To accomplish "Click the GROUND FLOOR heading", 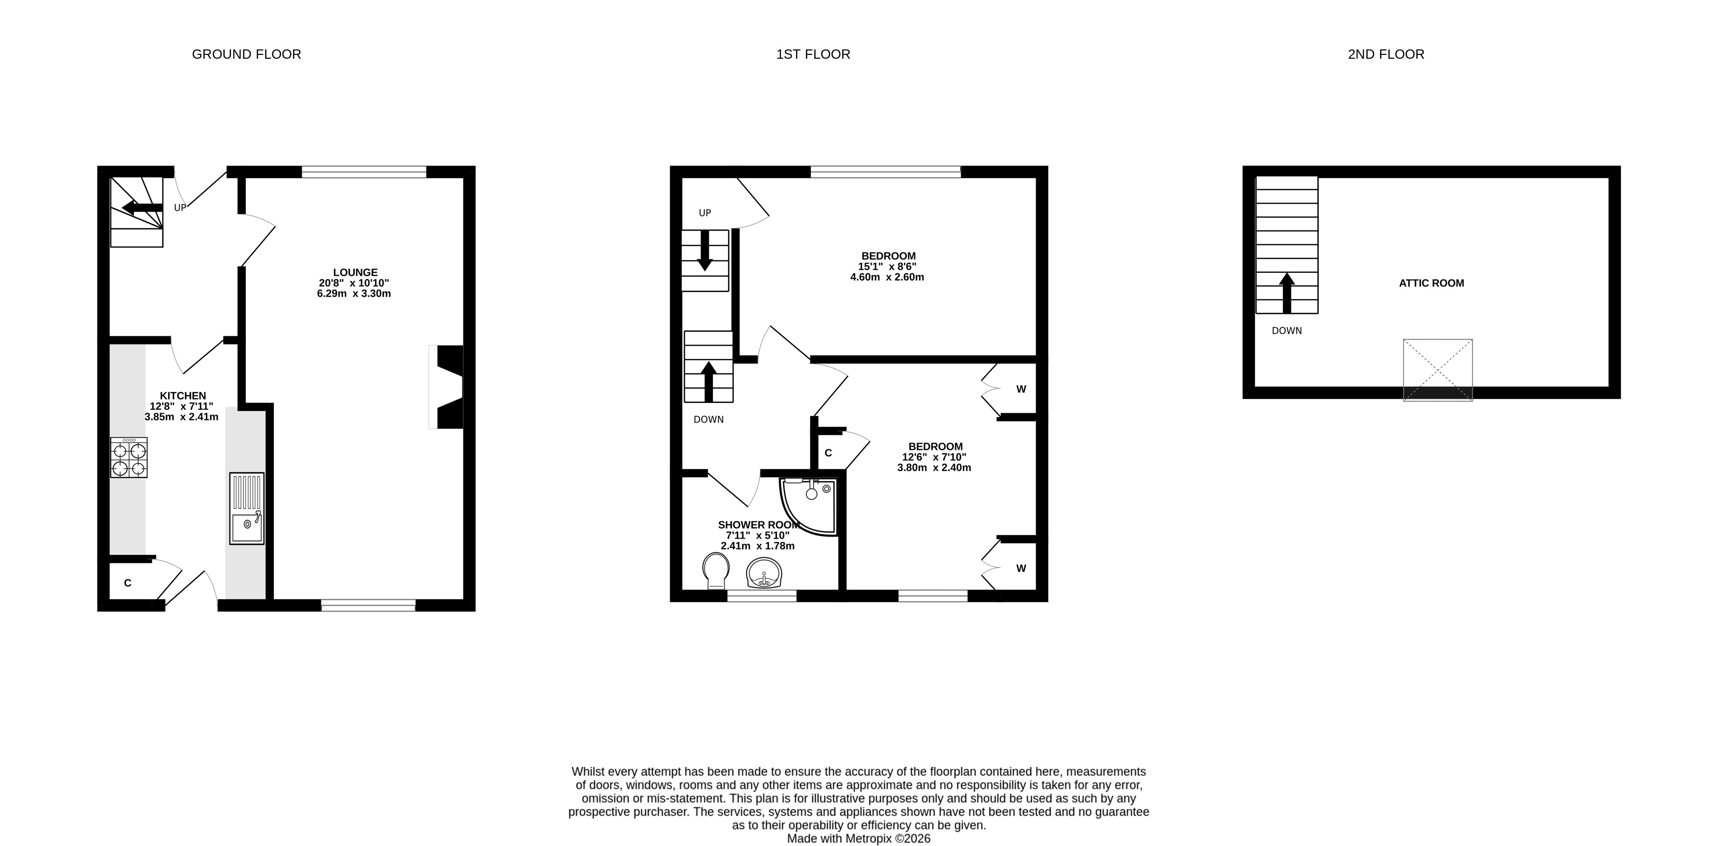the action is (246, 54).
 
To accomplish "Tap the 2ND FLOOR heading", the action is (1386, 54).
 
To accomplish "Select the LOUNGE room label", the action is (356, 272).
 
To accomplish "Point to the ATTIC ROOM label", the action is (1431, 282).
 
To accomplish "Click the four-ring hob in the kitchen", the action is (129, 457).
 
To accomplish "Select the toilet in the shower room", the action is (716, 571).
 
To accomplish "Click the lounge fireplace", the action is (447, 387).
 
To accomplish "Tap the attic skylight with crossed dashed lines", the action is (1437, 370).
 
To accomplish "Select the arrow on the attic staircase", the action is (1286, 293).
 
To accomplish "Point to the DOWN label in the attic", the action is (1286, 330).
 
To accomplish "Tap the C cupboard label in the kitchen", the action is (127, 583).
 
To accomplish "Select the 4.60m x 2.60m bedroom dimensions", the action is (887, 277).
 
